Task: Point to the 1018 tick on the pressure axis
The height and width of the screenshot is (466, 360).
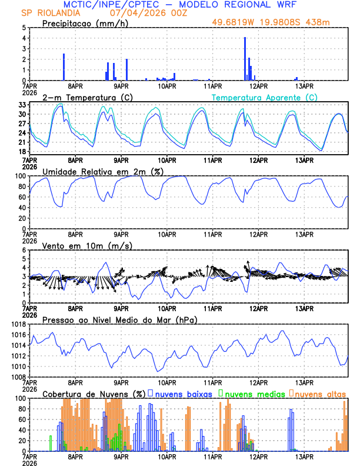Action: coord(18,324)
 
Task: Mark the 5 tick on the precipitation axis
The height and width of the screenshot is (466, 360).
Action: coord(23,28)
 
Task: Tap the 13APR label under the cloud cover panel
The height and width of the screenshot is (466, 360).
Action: coord(304,456)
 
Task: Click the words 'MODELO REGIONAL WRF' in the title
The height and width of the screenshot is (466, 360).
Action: coord(242,5)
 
